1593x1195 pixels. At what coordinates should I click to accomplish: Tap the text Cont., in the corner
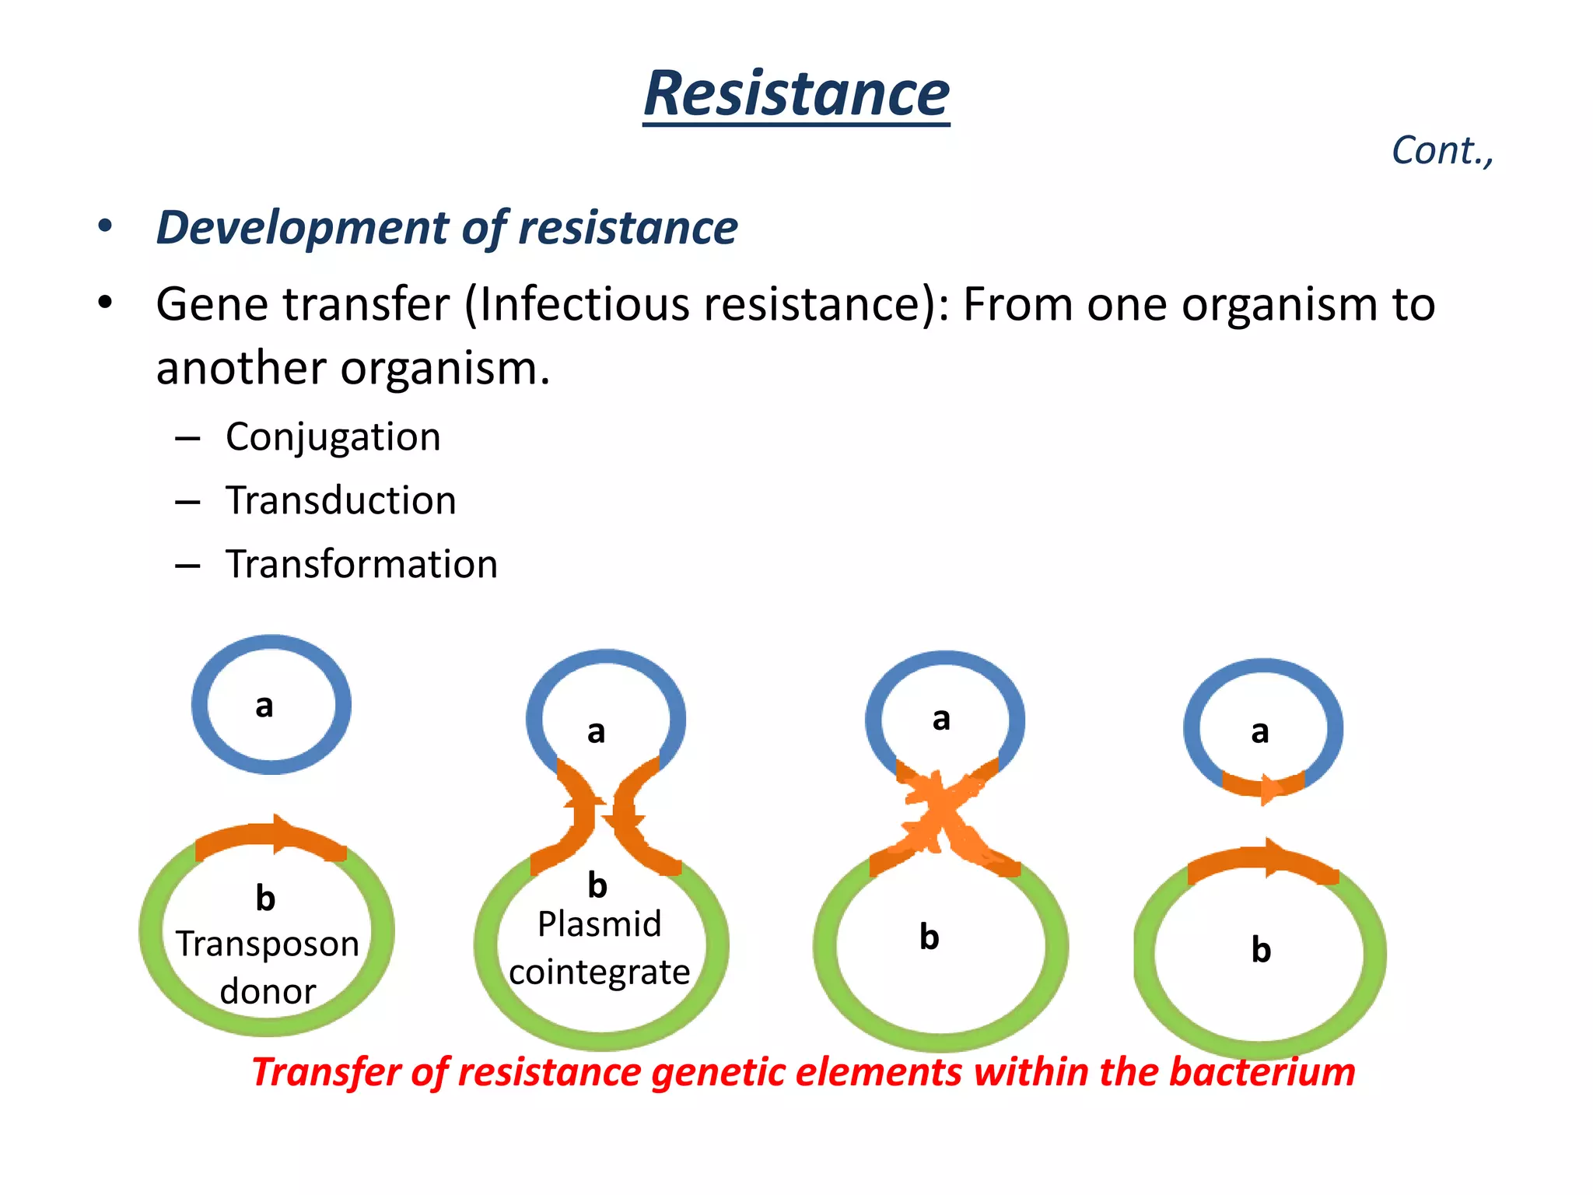1441,151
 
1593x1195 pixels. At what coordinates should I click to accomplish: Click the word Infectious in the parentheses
583,304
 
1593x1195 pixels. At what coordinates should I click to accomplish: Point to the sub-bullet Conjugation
333,437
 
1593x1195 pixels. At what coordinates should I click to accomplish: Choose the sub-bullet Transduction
341,500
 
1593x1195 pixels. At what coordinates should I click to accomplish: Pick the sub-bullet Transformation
362,564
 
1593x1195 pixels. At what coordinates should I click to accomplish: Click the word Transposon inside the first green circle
267,944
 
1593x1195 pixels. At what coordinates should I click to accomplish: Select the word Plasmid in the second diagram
599,924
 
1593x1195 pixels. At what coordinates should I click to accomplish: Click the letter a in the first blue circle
264,706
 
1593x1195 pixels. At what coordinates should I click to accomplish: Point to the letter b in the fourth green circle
1261,950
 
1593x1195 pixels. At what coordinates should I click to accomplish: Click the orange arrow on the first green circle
272,839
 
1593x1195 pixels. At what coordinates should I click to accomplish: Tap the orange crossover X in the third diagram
942,817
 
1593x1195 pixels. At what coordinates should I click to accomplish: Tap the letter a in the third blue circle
941,718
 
